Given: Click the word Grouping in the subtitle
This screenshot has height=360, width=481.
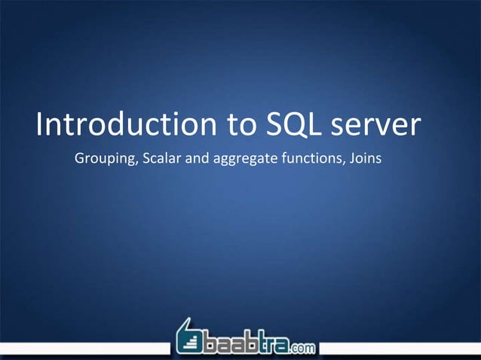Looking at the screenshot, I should tap(101, 159).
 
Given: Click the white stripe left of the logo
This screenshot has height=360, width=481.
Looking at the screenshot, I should tap(83, 348).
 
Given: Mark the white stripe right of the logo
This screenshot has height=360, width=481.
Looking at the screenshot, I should tap(400, 348).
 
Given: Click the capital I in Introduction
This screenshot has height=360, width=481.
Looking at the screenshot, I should tap(39, 126).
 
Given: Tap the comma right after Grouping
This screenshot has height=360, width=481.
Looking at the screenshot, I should tap(129, 163).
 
